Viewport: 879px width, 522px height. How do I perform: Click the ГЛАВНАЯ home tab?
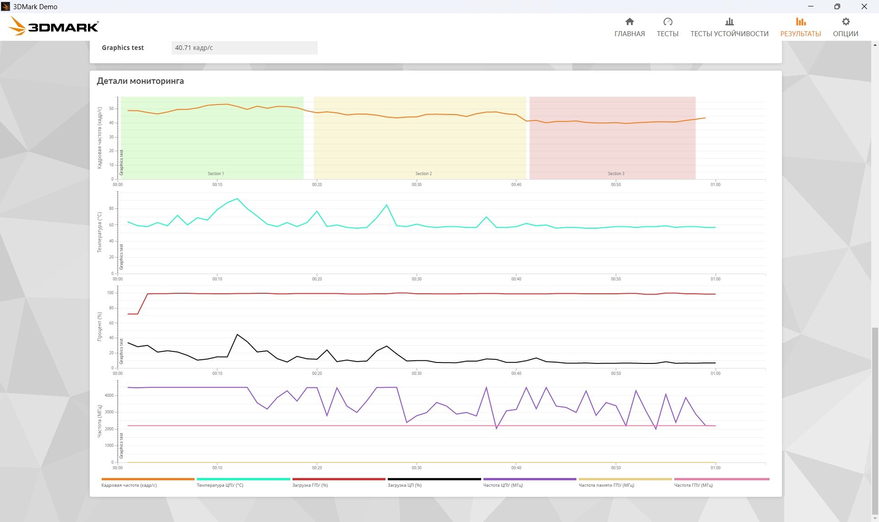[x=629, y=27]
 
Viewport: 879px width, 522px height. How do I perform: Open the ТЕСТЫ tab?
[x=667, y=27]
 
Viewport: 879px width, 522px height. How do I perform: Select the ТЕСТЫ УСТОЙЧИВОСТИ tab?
[x=729, y=27]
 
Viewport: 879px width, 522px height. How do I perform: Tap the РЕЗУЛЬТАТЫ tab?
[x=800, y=27]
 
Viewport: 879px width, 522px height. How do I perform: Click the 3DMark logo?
[x=54, y=26]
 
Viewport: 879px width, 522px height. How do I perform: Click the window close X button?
[x=864, y=6]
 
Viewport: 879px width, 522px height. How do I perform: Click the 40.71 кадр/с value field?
[x=244, y=48]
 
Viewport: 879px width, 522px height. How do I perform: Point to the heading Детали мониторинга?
[x=140, y=81]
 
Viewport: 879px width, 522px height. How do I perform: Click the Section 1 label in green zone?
[x=216, y=174]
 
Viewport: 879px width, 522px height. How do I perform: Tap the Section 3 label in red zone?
[x=616, y=174]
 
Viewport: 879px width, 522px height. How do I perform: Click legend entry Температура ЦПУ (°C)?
[x=220, y=485]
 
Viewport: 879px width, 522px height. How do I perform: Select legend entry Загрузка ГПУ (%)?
[x=310, y=485]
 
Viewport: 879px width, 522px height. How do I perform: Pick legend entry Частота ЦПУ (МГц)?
[x=503, y=485]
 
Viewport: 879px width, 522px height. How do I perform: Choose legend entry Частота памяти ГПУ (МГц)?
[x=606, y=485]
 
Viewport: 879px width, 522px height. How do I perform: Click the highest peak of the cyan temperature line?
[x=237, y=198]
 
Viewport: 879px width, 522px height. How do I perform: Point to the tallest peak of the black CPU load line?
[x=237, y=335]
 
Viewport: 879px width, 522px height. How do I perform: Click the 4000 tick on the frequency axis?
[x=109, y=396]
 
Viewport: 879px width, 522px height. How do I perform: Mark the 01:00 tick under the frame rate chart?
[x=716, y=185]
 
